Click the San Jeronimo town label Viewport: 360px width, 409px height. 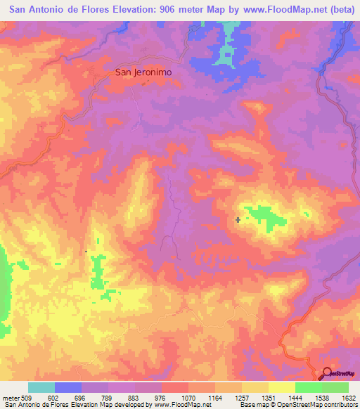[143, 72]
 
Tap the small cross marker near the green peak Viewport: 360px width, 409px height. [238, 220]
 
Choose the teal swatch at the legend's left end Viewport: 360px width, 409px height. [41, 387]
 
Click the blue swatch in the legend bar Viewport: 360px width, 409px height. [68, 387]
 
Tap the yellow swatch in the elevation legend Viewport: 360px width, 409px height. [282, 387]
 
